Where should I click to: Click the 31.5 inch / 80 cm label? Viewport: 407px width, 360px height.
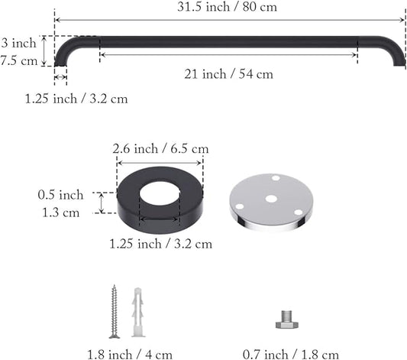227,6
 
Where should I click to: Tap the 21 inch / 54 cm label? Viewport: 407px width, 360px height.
228,74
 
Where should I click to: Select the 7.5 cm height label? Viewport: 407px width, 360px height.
19,61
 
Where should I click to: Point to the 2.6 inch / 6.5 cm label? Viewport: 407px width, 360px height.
160,149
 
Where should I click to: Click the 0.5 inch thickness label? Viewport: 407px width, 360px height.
60,195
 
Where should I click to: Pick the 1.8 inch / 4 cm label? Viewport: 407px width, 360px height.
130,355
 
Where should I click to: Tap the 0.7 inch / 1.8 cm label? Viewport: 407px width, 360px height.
291,355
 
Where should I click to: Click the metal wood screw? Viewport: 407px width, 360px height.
114,311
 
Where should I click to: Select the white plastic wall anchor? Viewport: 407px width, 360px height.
137,312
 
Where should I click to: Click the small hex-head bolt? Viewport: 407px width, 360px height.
287,319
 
